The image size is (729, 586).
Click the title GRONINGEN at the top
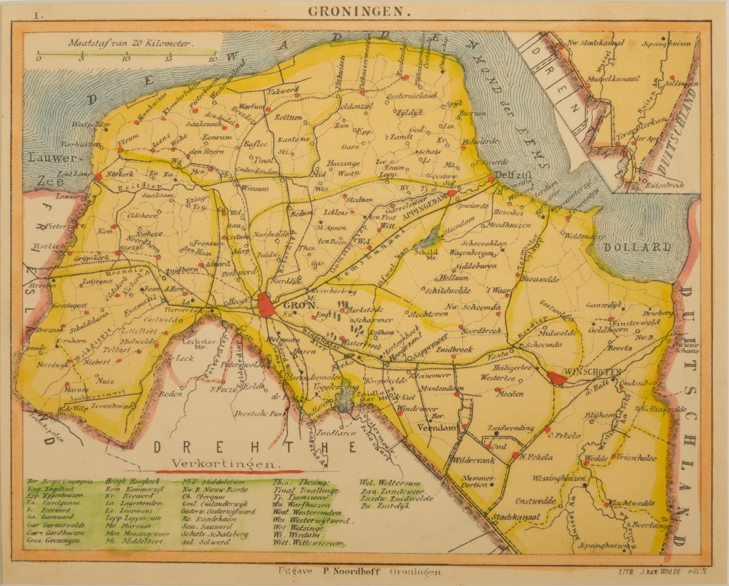[349, 11]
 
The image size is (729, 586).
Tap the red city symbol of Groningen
[267, 305]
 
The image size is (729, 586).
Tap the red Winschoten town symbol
[558, 378]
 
